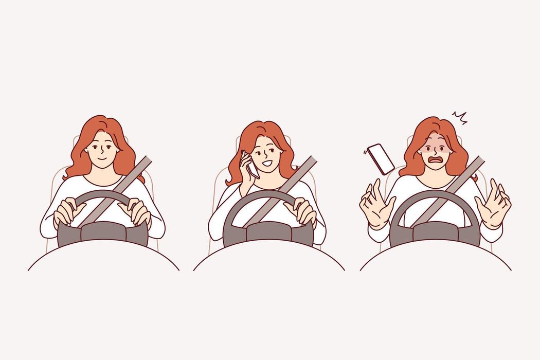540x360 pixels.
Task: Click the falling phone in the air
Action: [x=381, y=158]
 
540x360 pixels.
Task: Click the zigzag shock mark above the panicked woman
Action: [x=459, y=118]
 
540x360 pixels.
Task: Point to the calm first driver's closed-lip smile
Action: [x=103, y=158]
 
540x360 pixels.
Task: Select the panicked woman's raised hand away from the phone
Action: [x=492, y=203]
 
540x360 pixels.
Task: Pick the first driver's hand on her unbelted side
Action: [x=67, y=212]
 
